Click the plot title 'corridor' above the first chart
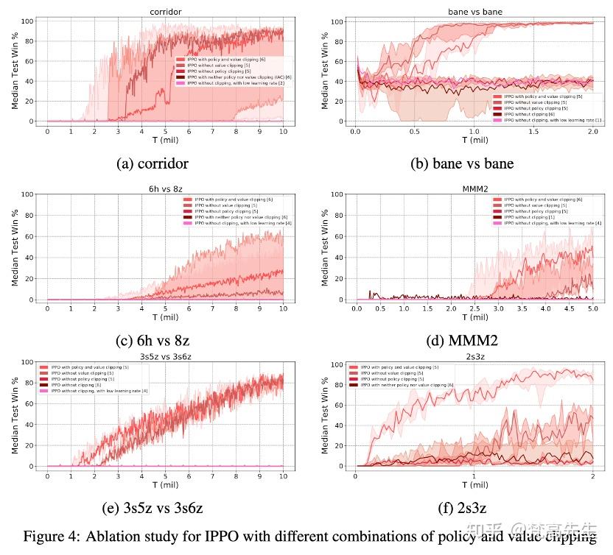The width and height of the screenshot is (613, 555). [165, 13]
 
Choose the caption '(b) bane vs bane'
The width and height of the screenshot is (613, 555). [462, 163]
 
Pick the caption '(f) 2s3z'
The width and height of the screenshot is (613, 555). [462, 508]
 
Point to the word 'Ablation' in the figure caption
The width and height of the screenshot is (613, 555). [113, 536]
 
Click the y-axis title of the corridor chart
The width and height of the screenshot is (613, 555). [15, 71]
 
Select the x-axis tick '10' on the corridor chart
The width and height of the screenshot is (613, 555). [282, 132]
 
